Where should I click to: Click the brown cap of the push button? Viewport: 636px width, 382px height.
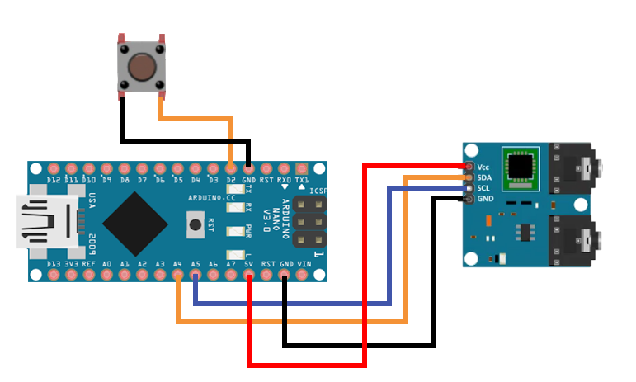tap(142, 65)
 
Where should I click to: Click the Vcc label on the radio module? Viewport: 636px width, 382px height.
tap(484, 167)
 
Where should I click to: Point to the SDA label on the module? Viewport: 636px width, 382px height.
tap(485, 177)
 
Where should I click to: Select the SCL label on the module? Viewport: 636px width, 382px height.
tap(485, 188)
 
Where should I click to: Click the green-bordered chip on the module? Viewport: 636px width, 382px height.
tap(521, 167)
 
